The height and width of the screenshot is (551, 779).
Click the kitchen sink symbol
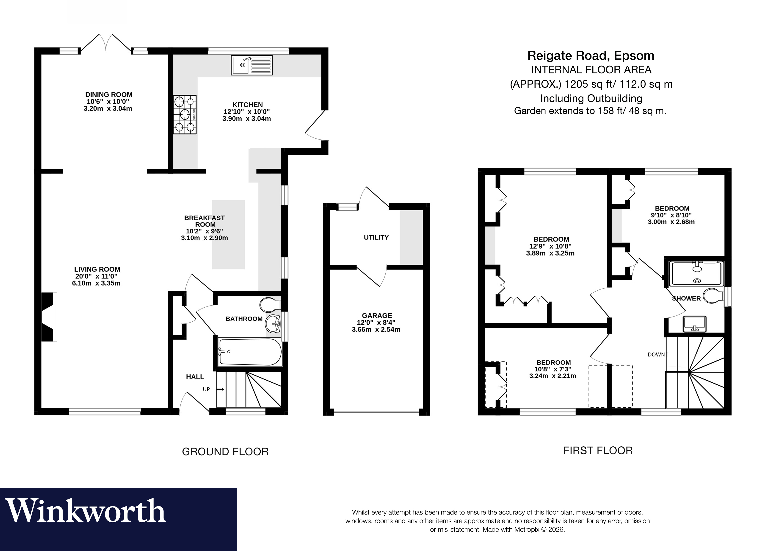tap(251, 65)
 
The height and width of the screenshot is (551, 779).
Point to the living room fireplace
tap(49, 316)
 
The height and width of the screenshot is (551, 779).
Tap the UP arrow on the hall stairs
tap(221, 389)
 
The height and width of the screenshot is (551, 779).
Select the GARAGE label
tap(377, 315)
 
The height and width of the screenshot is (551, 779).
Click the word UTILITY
tap(376, 238)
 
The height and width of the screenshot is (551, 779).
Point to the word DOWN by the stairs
tap(657, 354)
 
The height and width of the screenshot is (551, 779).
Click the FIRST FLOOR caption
tap(598, 451)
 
